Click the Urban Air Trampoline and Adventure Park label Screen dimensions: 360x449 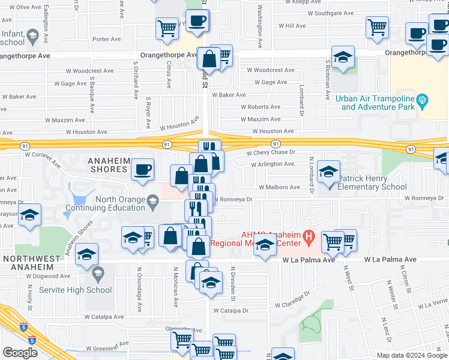coord(378,103)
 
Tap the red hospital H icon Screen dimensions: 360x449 coord(309,236)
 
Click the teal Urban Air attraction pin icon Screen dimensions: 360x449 coord(423,100)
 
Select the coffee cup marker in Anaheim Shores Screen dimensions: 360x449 coord(142,170)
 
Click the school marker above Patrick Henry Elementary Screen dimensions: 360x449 coord(328,172)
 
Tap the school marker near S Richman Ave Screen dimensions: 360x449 coord(343,58)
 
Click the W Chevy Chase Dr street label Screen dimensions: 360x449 coord(272,152)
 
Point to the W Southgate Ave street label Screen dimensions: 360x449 coord(327,13)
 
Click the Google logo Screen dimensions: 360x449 coord(20,353)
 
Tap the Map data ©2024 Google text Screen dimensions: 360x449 coord(411,355)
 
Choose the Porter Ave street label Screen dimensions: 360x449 coord(107,39)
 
